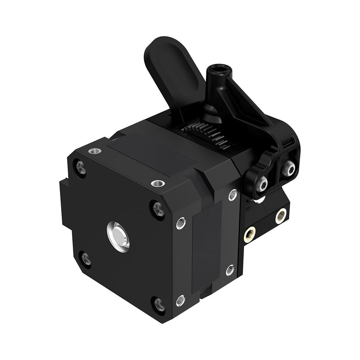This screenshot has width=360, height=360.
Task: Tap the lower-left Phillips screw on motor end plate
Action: pyautogui.click(x=86, y=258)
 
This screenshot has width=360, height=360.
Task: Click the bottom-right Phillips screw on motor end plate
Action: pyautogui.click(x=159, y=304)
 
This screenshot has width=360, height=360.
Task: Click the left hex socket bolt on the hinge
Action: pyautogui.click(x=262, y=184)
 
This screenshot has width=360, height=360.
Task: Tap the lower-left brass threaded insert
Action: pyautogui.click(x=249, y=235)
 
